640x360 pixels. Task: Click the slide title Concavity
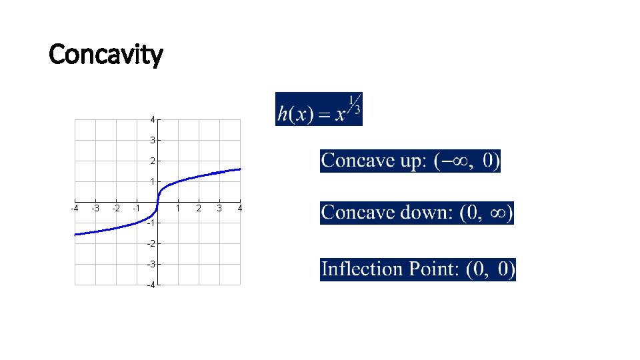pyautogui.click(x=105, y=55)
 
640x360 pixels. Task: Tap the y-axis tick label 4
pyautogui.click(x=153, y=120)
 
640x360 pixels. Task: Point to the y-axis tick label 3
pyautogui.click(x=153, y=141)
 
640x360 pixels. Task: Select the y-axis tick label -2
pyautogui.click(x=151, y=243)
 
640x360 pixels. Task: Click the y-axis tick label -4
pyautogui.click(x=151, y=285)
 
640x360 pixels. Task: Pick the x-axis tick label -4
pyautogui.click(x=75, y=209)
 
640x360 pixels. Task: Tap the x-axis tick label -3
pyautogui.click(x=95, y=209)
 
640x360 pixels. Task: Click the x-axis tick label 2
pyautogui.click(x=199, y=209)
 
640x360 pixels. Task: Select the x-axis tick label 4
pyautogui.click(x=240, y=209)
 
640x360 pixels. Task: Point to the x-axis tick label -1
pyautogui.click(x=136, y=209)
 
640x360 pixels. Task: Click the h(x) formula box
pyautogui.click(x=319, y=109)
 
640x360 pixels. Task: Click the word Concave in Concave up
pyautogui.click(x=356, y=161)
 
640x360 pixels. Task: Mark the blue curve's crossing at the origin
pyautogui.click(x=157, y=201)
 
